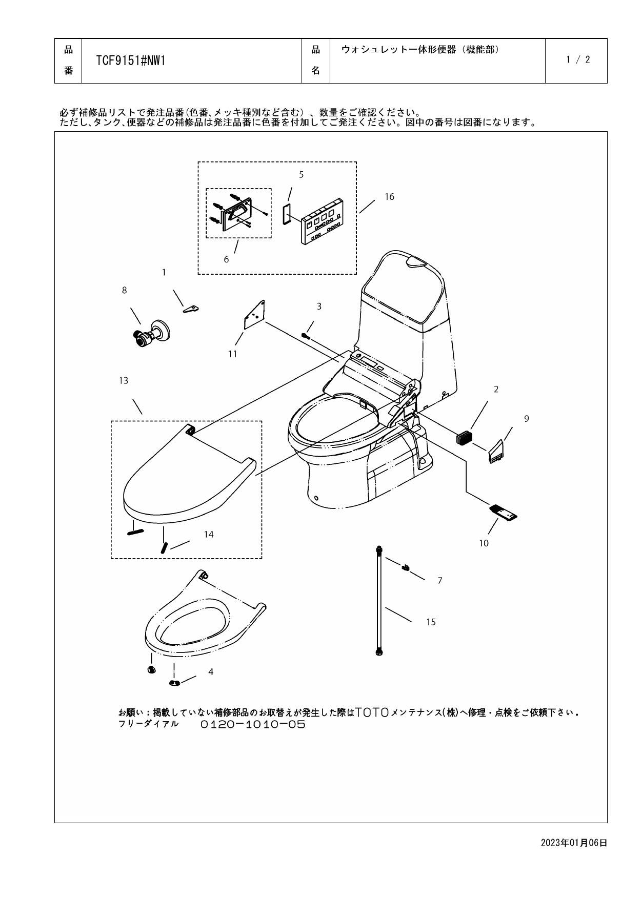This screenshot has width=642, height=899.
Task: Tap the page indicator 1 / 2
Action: [x=578, y=59]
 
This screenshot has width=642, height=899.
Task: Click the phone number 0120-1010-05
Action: [x=253, y=725]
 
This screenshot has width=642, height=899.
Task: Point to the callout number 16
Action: [x=389, y=197]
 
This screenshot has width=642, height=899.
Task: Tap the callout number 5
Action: [x=301, y=175]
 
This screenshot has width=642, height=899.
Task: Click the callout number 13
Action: [x=124, y=381]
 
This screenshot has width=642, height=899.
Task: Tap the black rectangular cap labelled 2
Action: [x=464, y=438]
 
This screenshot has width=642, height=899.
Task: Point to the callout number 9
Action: [x=526, y=419]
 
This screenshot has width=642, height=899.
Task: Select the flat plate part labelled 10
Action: [x=504, y=513]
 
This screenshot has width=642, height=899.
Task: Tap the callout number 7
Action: [x=439, y=581]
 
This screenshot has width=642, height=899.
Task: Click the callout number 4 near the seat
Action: [x=211, y=672]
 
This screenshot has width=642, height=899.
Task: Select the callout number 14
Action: [x=208, y=535]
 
